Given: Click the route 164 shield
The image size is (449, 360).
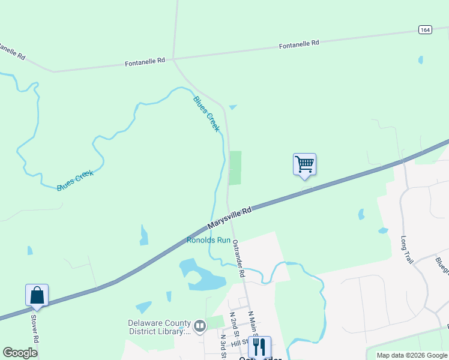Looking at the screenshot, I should click(425, 29).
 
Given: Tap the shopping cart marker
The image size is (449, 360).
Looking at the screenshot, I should click(304, 164).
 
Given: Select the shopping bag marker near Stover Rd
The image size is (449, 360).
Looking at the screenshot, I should click(37, 295).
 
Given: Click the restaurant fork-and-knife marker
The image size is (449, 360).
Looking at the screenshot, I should click(259, 347).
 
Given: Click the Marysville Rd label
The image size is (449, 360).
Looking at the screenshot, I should click(229, 218).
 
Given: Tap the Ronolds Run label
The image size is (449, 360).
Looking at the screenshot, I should click(208, 240).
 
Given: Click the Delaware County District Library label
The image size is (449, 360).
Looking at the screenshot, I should click(159, 326).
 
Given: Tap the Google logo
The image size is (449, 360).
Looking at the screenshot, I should click(20, 352).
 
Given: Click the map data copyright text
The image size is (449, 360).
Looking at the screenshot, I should click(412, 355).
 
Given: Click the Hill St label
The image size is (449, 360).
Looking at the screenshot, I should click(240, 342).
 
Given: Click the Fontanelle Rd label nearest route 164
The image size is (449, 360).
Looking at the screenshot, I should click(299, 44).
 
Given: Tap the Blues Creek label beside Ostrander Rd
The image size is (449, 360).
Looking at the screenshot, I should click(206, 113).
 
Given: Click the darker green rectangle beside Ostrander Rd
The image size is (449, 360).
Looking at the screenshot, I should click(236, 168).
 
